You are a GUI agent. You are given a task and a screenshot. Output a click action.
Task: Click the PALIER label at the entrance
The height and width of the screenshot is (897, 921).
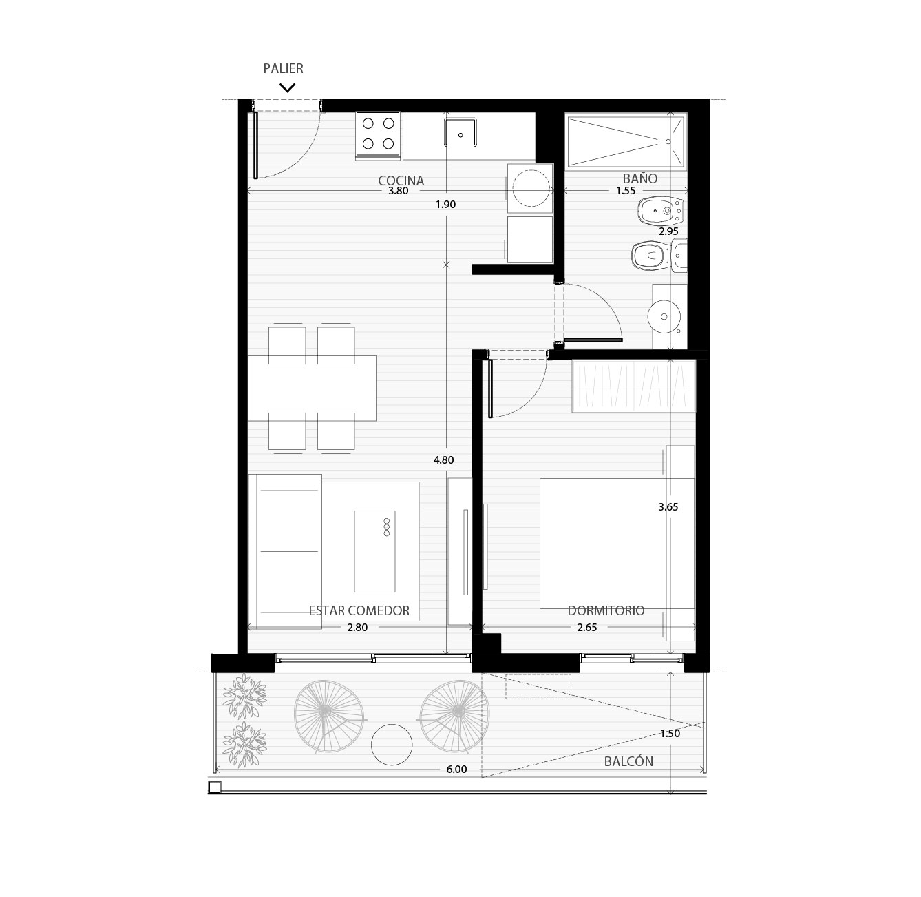(x=283, y=69)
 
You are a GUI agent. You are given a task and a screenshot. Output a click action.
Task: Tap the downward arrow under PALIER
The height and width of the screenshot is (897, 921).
(x=287, y=87)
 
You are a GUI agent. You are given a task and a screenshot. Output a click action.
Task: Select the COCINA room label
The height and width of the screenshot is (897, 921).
(x=401, y=181)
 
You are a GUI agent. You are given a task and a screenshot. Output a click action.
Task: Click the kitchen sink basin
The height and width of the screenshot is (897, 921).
(x=460, y=132)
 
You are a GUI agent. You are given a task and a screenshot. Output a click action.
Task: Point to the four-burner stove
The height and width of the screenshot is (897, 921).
(x=378, y=133)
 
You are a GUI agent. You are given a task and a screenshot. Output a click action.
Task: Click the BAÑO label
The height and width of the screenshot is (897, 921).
(x=640, y=178)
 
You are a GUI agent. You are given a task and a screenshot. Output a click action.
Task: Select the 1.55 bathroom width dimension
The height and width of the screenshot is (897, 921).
(x=626, y=191)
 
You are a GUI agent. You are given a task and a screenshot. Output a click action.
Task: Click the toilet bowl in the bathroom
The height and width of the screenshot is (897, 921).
(x=651, y=256)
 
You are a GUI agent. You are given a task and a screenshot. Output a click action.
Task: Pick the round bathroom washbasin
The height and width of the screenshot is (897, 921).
(x=664, y=316)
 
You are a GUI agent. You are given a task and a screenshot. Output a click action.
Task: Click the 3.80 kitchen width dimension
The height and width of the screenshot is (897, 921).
(x=398, y=191)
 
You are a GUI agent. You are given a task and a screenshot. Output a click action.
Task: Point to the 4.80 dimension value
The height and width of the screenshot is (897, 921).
(x=443, y=460)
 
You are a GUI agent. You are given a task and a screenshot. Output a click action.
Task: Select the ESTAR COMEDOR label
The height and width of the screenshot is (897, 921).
(x=359, y=610)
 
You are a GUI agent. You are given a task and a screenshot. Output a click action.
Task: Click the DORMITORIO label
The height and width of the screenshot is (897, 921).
(x=606, y=610)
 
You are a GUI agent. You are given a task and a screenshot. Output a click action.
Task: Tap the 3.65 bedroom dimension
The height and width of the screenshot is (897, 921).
(x=668, y=507)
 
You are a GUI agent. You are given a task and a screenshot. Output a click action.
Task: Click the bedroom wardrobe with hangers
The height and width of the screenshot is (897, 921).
(x=634, y=386)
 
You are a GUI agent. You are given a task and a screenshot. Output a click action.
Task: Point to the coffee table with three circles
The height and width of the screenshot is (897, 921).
(x=374, y=551)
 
